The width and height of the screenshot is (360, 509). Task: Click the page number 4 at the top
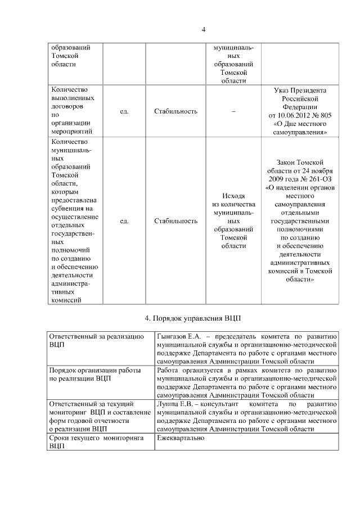point(203,29)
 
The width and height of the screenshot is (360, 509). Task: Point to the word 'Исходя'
point(233,196)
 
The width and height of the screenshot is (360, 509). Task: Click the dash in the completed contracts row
point(233,111)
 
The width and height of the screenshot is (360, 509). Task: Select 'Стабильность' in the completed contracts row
point(175,111)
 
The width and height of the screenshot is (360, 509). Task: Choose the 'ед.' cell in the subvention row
point(124,221)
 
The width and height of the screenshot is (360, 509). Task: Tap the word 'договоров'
point(67,106)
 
